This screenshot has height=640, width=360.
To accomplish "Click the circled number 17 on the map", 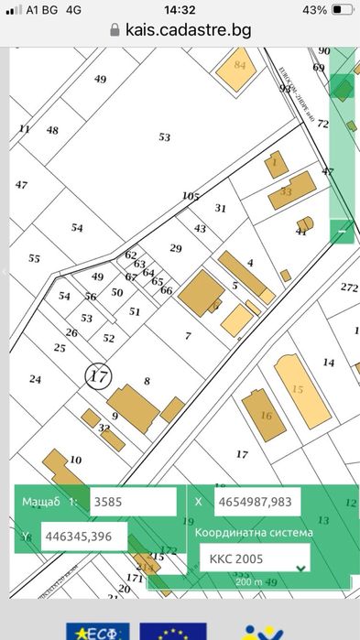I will (x=98, y=375).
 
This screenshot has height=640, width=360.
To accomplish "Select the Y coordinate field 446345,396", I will (x=82, y=537).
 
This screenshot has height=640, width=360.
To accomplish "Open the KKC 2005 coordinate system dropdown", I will (x=254, y=558).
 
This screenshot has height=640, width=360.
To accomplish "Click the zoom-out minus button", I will (x=342, y=232).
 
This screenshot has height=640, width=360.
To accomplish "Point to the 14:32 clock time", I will (x=180, y=9).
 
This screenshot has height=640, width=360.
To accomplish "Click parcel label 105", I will (x=191, y=196).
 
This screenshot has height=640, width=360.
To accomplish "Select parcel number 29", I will (x=176, y=248).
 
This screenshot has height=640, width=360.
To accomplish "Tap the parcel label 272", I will (x=349, y=287).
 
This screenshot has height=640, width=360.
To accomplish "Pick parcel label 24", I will (x=35, y=378).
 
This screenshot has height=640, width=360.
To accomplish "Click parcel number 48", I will (x=52, y=130).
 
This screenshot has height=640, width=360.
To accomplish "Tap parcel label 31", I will (x=220, y=208).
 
